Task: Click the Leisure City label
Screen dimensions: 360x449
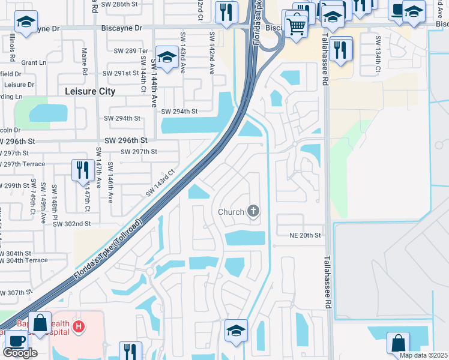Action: [x=90, y=91]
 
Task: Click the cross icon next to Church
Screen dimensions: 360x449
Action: [x=253, y=211]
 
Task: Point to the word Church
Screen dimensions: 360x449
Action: [x=231, y=212]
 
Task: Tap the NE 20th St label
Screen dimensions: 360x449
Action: [x=306, y=235]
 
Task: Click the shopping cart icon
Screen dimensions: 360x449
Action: [x=296, y=26]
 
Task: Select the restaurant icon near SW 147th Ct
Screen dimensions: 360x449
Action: [x=81, y=170]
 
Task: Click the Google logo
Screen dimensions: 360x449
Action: [x=20, y=353]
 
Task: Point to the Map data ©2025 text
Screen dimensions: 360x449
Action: [x=423, y=355]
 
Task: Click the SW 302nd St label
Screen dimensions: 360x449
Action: [x=71, y=223]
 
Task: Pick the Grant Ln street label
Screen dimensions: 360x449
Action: [x=34, y=62]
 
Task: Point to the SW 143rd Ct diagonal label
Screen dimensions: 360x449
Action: [x=160, y=182]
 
